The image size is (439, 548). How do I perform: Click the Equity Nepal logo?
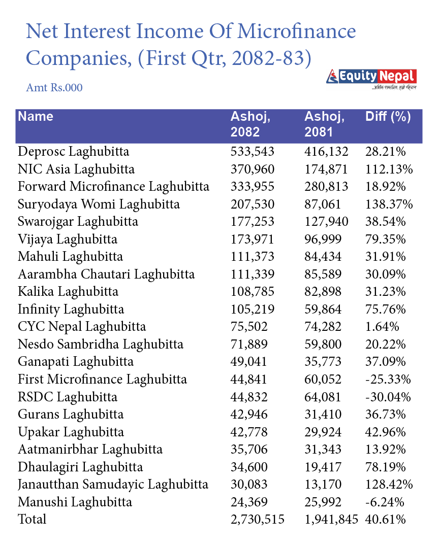tap(371, 78)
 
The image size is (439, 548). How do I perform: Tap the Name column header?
tap(36, 117)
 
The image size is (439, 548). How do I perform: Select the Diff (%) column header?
tap(388, 117)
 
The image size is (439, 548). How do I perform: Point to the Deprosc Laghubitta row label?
tap(73, 151)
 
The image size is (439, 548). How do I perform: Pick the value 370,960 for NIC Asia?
tap(253, 169)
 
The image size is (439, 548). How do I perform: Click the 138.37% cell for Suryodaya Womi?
tap(389, 204)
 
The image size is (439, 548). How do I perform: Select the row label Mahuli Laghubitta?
tap(70, 256)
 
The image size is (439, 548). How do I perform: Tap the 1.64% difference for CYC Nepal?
tap(382, 326)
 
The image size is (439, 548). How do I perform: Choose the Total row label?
tap(32, 519)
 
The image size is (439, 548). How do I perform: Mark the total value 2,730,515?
tap(258, 519)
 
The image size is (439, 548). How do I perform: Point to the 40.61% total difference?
tap(385, 519)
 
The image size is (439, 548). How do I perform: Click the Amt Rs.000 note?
tap(54, 88)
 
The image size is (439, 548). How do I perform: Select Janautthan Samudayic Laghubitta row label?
tap(113, 484)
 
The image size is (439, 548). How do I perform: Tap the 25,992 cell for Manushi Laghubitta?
tap(323, 502)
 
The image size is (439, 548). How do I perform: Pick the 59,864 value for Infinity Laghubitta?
tap(323, 309)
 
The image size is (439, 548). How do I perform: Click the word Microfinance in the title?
tap(296, 32)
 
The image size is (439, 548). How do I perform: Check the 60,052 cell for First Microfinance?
tap(323, 379)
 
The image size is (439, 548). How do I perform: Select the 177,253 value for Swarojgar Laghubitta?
tap(253, 221)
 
